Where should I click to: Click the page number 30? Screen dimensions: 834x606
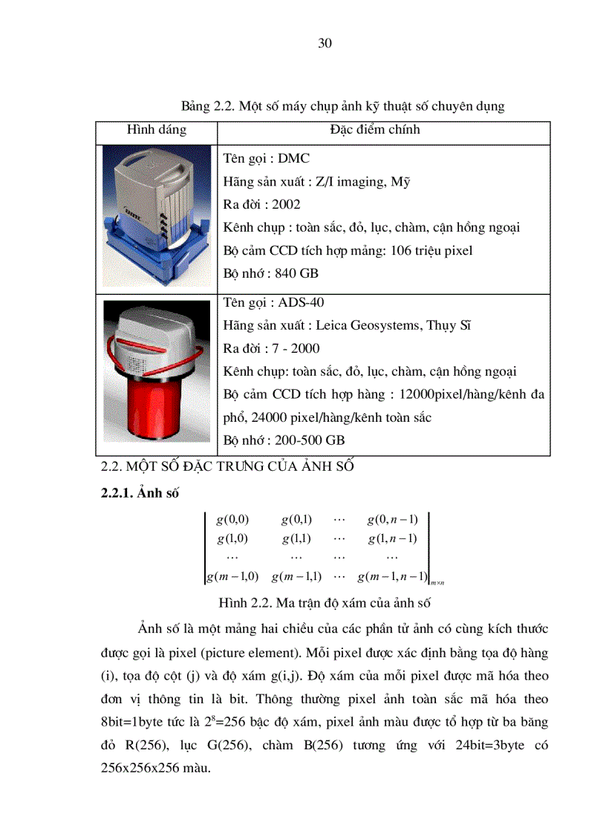(x=324, y=43)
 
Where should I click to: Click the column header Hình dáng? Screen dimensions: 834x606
(x=157, y=130)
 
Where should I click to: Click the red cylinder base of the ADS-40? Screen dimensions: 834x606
(x=157, y=419)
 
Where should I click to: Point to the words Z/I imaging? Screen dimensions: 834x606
(x=341, y=181)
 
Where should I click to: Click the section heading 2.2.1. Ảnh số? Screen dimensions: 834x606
(x=139, y=493)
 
